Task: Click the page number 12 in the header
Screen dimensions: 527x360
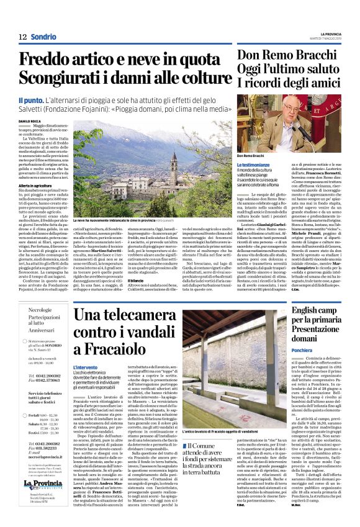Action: point(22,37)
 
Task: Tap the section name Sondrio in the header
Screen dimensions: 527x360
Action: point(43,37)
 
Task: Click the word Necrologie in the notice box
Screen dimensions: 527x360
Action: point(41,309)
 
